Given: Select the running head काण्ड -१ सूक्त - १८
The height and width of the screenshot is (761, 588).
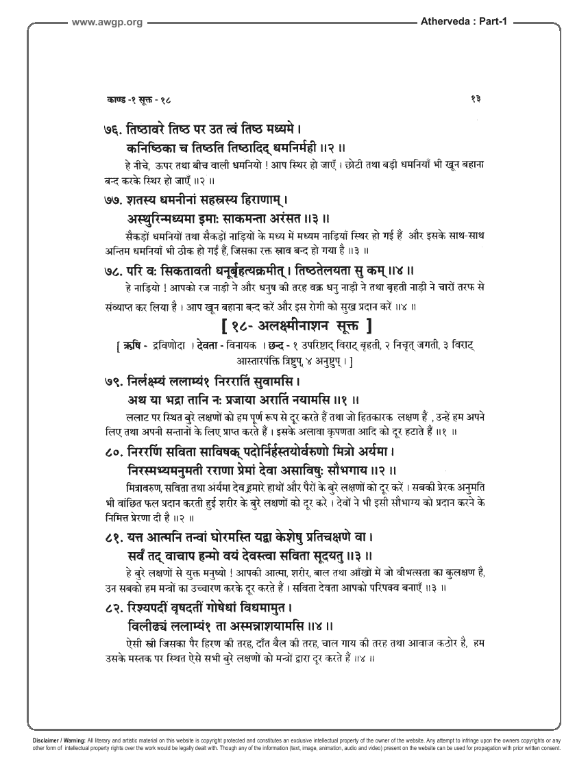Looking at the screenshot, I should click(x=134, y=100).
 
